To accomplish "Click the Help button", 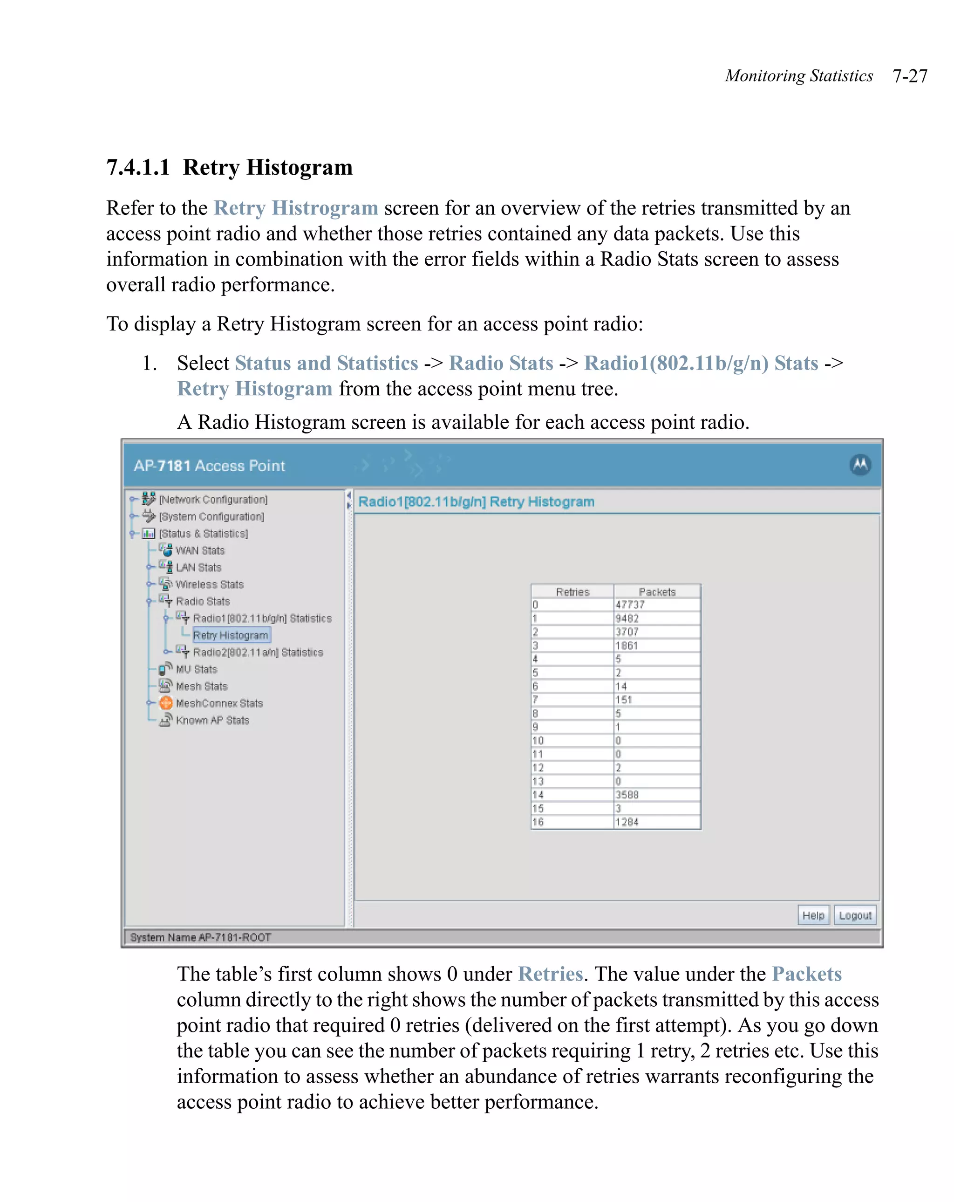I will coord(812,915).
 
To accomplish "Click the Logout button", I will coord(854,915).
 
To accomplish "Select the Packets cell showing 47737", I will coord(656,604).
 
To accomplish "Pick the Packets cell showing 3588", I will coord(656,795).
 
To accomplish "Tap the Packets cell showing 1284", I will coord(656,822).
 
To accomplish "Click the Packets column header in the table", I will coord(656,591).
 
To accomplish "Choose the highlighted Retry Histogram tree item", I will coord(230,635).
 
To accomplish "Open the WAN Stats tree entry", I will coord(199,550).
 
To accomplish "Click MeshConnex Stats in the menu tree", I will coord(218,703).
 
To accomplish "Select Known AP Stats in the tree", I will coord(212,720).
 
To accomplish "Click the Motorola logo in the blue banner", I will coord(860,464).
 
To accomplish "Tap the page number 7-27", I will coord(909,76).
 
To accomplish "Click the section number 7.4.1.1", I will coord(137,167).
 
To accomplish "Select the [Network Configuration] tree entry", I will coord(213,499).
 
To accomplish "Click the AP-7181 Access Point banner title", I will coord(209,466).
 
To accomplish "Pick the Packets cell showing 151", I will coord(656,700).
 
